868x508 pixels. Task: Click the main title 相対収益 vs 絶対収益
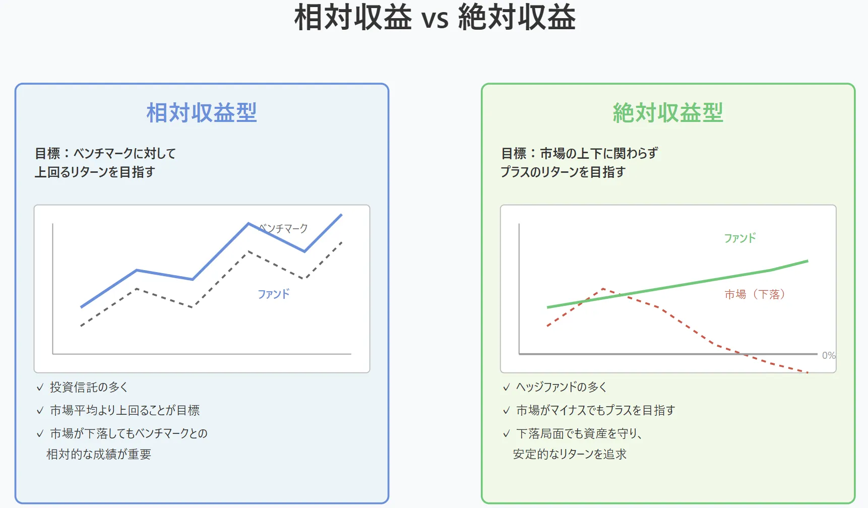coord(435,17)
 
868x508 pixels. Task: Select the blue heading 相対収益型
coord(202,112)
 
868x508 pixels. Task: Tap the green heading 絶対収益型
coord(668,112)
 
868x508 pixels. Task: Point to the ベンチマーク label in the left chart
coord(283,228)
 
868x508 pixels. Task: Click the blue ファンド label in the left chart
coord(274,294)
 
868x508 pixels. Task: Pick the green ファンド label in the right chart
coord(740,238)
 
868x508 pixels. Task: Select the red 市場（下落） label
coord(755,294)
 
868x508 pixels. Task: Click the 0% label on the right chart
coord(829,355)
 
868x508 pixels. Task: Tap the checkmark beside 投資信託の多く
coord(40,388)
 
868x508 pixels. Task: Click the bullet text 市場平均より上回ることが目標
coord(125,410)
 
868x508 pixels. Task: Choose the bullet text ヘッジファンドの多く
coord(562,387)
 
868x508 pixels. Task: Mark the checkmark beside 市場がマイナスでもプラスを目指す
coord(507,411)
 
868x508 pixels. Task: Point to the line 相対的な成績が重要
coord(99,454)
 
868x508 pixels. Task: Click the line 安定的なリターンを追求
coord(570,454)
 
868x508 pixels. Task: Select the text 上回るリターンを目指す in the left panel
coord(94,172)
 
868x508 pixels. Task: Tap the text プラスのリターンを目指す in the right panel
coord(563,172)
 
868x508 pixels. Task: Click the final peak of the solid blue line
coord(341,215)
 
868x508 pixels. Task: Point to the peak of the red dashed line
coord(603,289)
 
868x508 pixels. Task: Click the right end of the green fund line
coord(808,261)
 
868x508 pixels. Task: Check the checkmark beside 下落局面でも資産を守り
coord(507,434)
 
